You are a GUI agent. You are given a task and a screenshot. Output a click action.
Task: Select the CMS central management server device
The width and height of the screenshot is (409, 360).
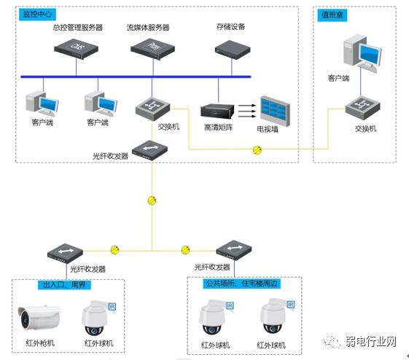click(76, 48)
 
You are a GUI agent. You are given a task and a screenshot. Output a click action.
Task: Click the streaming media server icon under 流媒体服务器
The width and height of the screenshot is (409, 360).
click(152, 48)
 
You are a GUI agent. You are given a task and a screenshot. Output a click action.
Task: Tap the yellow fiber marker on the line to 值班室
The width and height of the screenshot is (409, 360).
click(257, 151)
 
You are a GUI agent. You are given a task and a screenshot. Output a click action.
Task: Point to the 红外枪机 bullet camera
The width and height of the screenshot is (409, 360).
click(41, 316)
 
